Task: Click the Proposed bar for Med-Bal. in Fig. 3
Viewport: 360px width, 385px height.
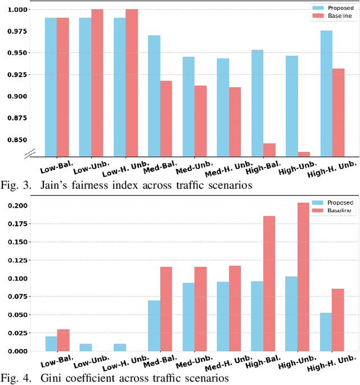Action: (154, 96)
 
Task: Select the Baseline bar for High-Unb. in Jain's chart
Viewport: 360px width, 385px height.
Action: (304, 154)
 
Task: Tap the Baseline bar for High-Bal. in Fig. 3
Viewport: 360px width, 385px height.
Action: (269, 150)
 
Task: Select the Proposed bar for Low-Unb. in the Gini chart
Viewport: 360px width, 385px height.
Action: (85, 347)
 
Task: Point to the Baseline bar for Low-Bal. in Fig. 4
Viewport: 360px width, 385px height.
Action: (62, 340)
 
